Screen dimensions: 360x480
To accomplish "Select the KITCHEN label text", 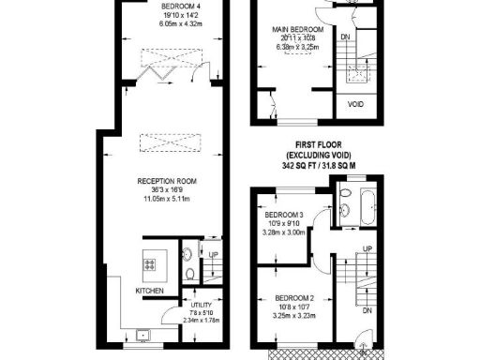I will [x=150, y=291].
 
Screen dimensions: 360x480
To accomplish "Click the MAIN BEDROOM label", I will [x=298, y=30].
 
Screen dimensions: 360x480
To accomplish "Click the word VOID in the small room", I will [x=357, y=104].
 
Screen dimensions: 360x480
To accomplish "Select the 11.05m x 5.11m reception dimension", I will [x=165, y=199].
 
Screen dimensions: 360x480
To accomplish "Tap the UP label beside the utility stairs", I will [x=214, y=255].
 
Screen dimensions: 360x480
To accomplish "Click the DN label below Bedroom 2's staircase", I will [x=367, y=309].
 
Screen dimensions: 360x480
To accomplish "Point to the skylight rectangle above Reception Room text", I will [x=164, y=142].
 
